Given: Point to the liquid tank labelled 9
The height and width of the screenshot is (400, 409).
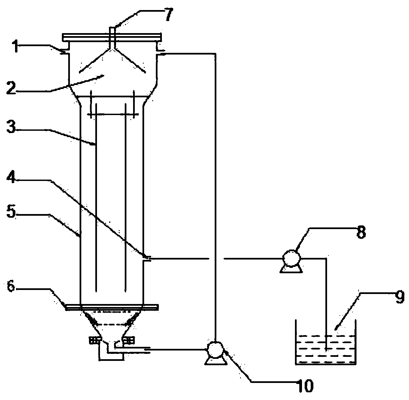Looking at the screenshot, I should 325,348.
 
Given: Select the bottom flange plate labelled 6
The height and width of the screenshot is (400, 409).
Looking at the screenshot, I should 112,307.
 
